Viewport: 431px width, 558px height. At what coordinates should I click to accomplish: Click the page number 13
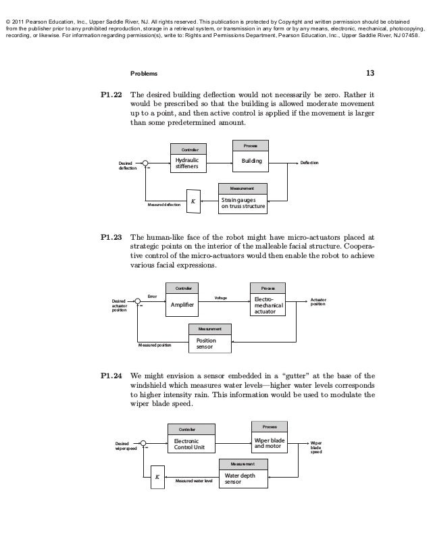(x=370, y=74)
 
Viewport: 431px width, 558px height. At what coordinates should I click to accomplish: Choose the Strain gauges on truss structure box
(x=243, y=203)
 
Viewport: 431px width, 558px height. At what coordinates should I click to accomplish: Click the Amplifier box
(x=183, y=305)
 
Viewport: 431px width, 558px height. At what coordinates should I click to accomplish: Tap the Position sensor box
(x=209, y=343)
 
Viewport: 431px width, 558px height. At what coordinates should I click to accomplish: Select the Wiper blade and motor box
(x=269, y=444)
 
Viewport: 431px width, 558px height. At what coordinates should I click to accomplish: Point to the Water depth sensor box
(x=243, y=479)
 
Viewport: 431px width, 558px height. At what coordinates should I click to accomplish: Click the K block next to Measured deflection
(x=193, y=201)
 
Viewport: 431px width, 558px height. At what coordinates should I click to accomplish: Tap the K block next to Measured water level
(x=157, y=477)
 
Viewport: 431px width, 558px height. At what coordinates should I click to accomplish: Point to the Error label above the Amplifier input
(x=152, y=296)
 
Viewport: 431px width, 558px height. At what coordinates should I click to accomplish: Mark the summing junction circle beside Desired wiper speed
(x=143, y=444)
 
